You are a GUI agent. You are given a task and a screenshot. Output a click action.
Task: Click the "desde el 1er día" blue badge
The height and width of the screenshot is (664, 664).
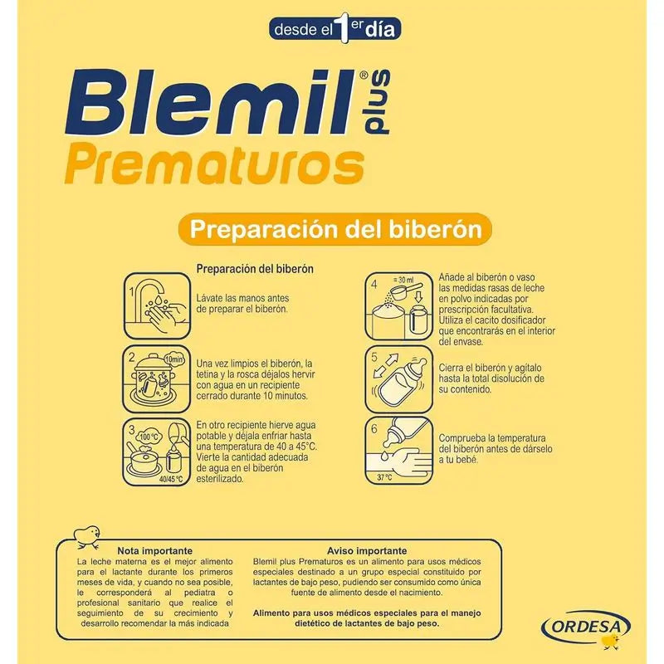tap(336, 28)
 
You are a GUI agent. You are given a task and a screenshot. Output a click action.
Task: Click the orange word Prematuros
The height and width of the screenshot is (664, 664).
tap(215, 164)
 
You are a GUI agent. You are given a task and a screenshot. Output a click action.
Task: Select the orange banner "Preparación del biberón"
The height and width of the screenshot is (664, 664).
tap(335, 229)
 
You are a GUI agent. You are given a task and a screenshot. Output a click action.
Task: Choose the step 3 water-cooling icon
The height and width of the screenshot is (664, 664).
tap(159, 452)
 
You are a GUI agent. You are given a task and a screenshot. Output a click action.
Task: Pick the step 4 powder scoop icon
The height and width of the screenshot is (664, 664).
tap(399, 309)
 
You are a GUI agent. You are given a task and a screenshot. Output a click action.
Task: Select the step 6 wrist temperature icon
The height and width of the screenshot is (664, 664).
tap(399, 452)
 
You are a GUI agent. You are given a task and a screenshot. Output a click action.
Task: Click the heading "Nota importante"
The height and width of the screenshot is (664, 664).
tap(156, 550)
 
